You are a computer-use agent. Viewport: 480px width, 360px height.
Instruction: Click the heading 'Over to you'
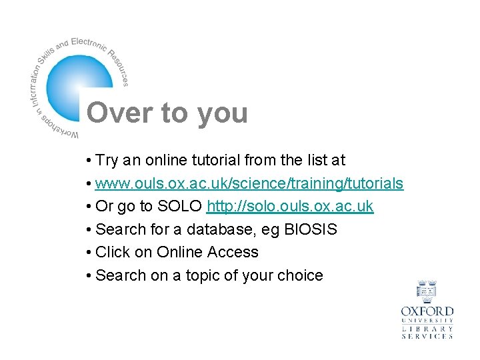(167, 113)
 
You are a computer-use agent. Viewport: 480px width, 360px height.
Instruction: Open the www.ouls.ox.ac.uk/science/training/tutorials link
(249, 183)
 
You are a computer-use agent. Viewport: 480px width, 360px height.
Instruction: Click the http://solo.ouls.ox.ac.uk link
(290, 207)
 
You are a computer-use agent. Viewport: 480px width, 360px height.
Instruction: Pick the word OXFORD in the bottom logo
(427, 311)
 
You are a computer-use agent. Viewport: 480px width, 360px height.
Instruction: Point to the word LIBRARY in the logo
(427, 329)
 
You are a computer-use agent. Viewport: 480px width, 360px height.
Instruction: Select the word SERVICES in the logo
(427, 337)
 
